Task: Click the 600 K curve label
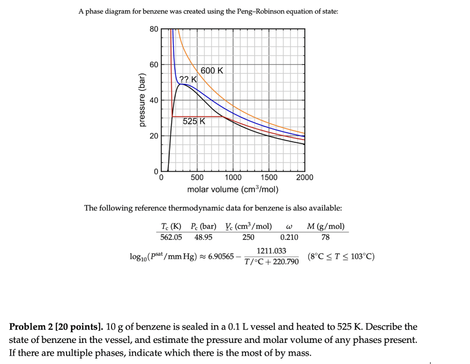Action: (212, 71)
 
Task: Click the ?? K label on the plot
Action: (188, 79)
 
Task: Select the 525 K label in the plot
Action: (194, 122)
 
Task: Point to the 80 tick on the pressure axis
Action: (153, 29)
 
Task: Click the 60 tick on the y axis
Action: (153, 65)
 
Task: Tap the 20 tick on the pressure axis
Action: (153, 136)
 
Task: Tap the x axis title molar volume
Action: (233, 190)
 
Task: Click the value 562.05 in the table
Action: (171, 237)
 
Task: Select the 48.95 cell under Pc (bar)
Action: (203, 237)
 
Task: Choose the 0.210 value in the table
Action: (289, 237)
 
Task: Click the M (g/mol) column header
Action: (325, 226)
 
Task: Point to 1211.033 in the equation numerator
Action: (271, 251)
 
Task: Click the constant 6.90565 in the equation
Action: (221, 256)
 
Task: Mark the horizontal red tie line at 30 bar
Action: (197, 117)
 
